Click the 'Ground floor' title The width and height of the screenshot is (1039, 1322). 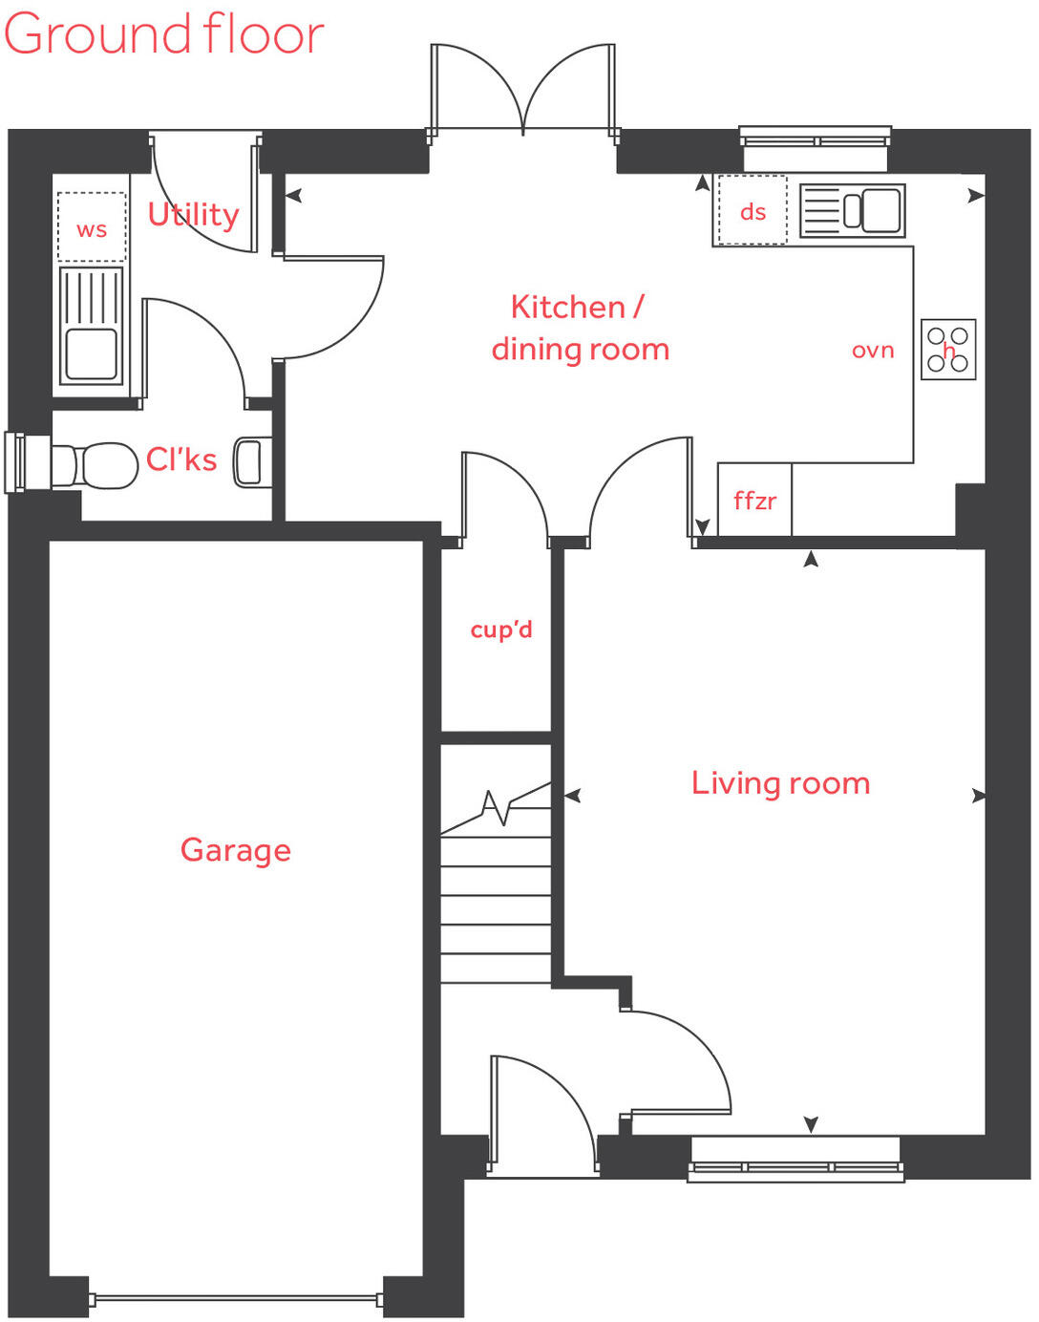pos(164,34)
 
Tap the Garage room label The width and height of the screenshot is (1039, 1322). pos(236,849)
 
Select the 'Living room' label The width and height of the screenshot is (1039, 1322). pos(780,783)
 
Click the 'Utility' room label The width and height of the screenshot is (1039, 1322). pos(193,214)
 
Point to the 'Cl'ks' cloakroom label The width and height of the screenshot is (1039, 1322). pos(181,459)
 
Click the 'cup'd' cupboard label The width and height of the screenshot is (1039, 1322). pos(501,629)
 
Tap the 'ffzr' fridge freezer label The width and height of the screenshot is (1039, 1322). pos(754,501)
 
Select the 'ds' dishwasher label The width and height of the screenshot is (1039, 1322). pos(753,211)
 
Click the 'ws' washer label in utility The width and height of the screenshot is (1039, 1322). pos(92,229)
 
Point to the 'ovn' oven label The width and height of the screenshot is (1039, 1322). pos(873,351)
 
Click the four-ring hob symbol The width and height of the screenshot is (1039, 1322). pos(948,350)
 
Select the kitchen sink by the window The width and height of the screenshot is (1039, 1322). pos(852,210)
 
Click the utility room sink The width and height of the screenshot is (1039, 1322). pos(92,326)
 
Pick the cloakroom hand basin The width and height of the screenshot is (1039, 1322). pos(250,462)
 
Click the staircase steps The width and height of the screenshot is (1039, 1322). pos(496,907)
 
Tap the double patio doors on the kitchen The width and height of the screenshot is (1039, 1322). pos(523,91)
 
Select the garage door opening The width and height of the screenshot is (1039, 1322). pos(236,1298)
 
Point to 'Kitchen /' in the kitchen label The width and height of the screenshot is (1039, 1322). pos(577,307)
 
